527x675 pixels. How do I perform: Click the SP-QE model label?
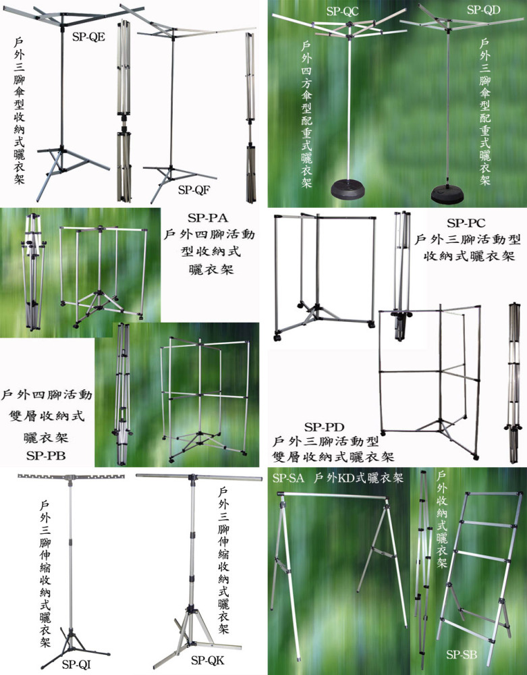click(x=88, y=36)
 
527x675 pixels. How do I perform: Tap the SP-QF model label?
click(x=194, y=190)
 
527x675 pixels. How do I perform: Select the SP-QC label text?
click(x=342, y=11)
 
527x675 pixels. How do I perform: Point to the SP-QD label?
click(x=484, y=9)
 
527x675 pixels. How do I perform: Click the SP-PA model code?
click(x=208, y=218)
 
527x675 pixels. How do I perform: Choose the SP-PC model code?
click(x=466, y=223)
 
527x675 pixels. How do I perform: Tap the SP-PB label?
click(x=46, y=456)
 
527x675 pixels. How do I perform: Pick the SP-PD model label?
click(x=325, y=427)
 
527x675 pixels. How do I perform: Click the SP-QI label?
click(x=76, y=664)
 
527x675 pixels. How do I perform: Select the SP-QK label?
click(x=208, y=660)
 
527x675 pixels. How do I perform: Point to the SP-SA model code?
click(x=288, y=478)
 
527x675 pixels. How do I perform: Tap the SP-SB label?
click(x=462, y=655)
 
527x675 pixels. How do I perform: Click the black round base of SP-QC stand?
click(x=348, y=190)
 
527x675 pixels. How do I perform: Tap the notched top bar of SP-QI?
click(x=71, y=477)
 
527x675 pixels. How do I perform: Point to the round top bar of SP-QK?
click(x=199, y=477)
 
